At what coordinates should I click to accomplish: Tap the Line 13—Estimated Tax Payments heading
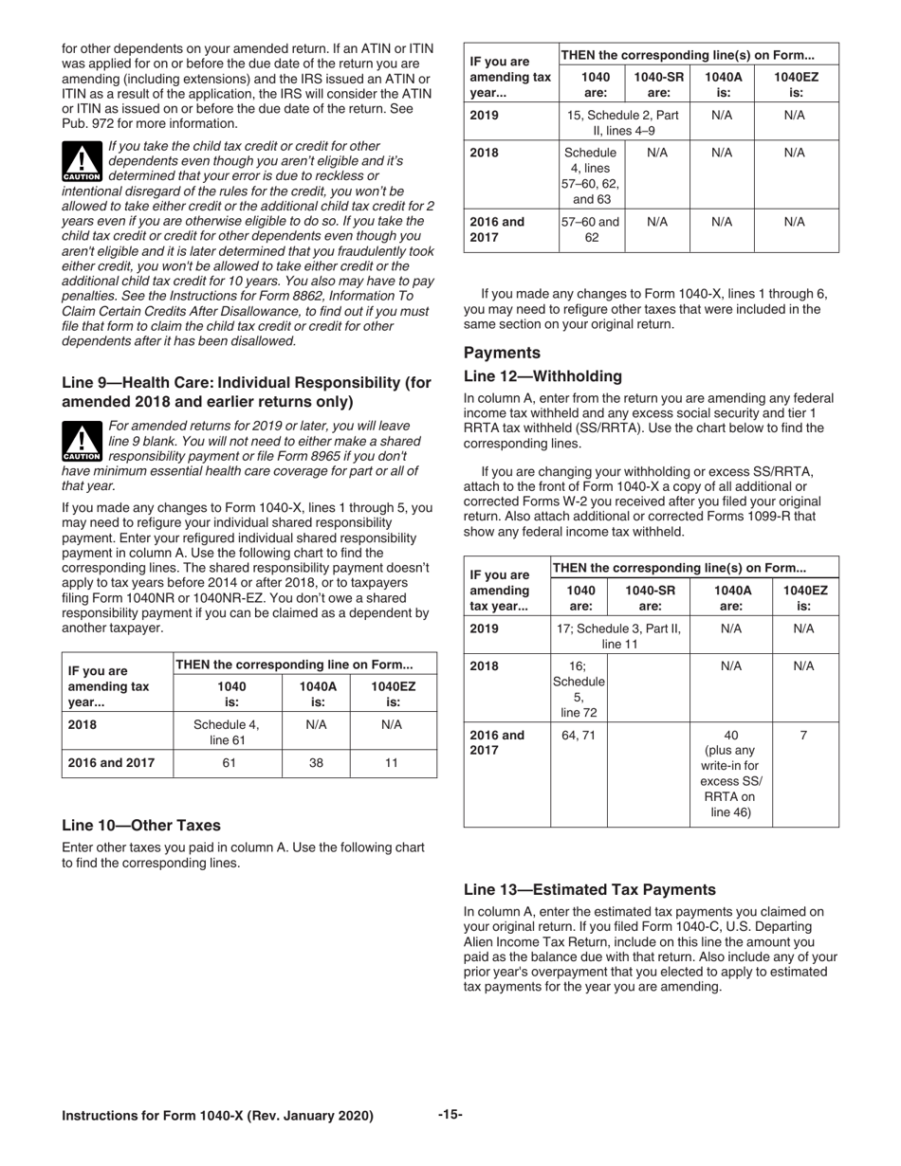pyautogui.click(x=589, y=889)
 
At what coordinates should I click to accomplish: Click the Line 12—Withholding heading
pyautogui.click(x=542, y=376)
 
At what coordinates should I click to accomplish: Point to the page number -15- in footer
pyautogui.click(x=450, y=1115)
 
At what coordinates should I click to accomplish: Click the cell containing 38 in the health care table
pyautogui.click(x=316, y=763)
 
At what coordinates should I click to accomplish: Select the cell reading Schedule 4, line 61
pyautogui.click(x=228, y=731)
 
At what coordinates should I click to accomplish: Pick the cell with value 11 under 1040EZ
pyautogui.click(x=393, y=763)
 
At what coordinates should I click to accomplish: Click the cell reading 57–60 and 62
pyautogui.click(x=591, y=229)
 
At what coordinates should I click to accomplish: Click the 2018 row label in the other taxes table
pyautogui.click(x=486, y=153)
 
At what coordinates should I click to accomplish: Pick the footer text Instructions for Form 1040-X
pyautogui.click(x=217, y=1116)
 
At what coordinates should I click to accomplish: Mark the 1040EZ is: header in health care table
pyautogui.click(x=393, y=694)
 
